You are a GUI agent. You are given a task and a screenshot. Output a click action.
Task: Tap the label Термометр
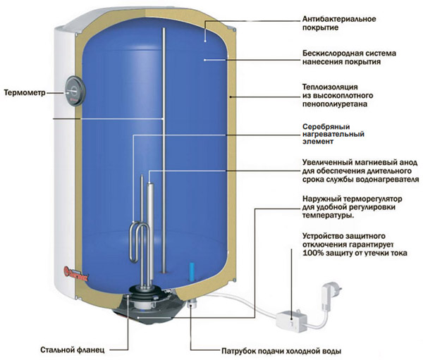[x=26, y=92]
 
